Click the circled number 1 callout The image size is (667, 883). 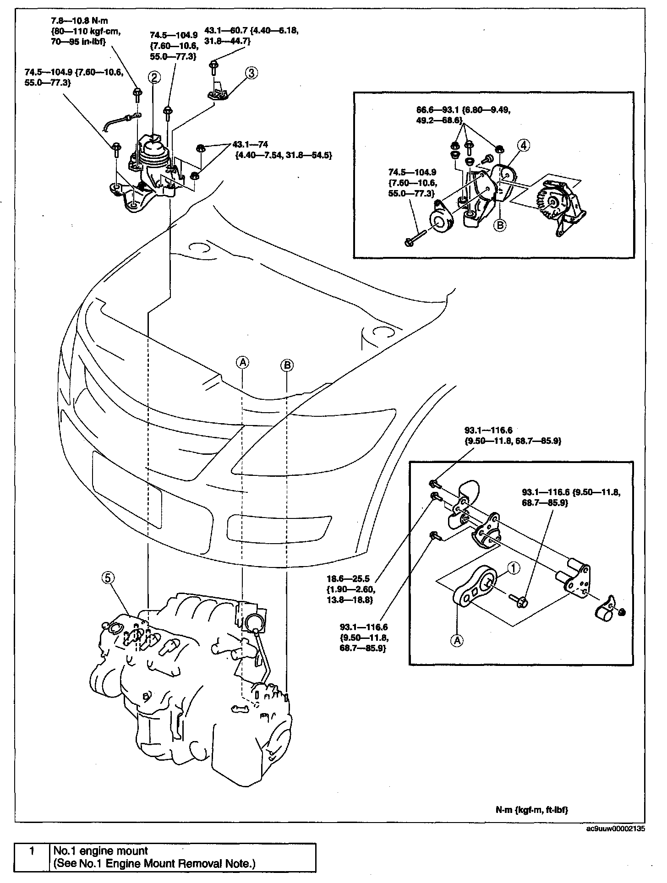pos(514,568)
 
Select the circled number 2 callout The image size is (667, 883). pos(154,77)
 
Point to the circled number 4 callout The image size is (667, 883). pos(525,146)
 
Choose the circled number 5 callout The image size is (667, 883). pos(107,578)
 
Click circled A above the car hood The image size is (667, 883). pos(242,362)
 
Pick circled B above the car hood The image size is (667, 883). pos(287,365)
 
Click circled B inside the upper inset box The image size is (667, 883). pos(500,225)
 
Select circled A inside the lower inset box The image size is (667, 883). pos(457,640)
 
